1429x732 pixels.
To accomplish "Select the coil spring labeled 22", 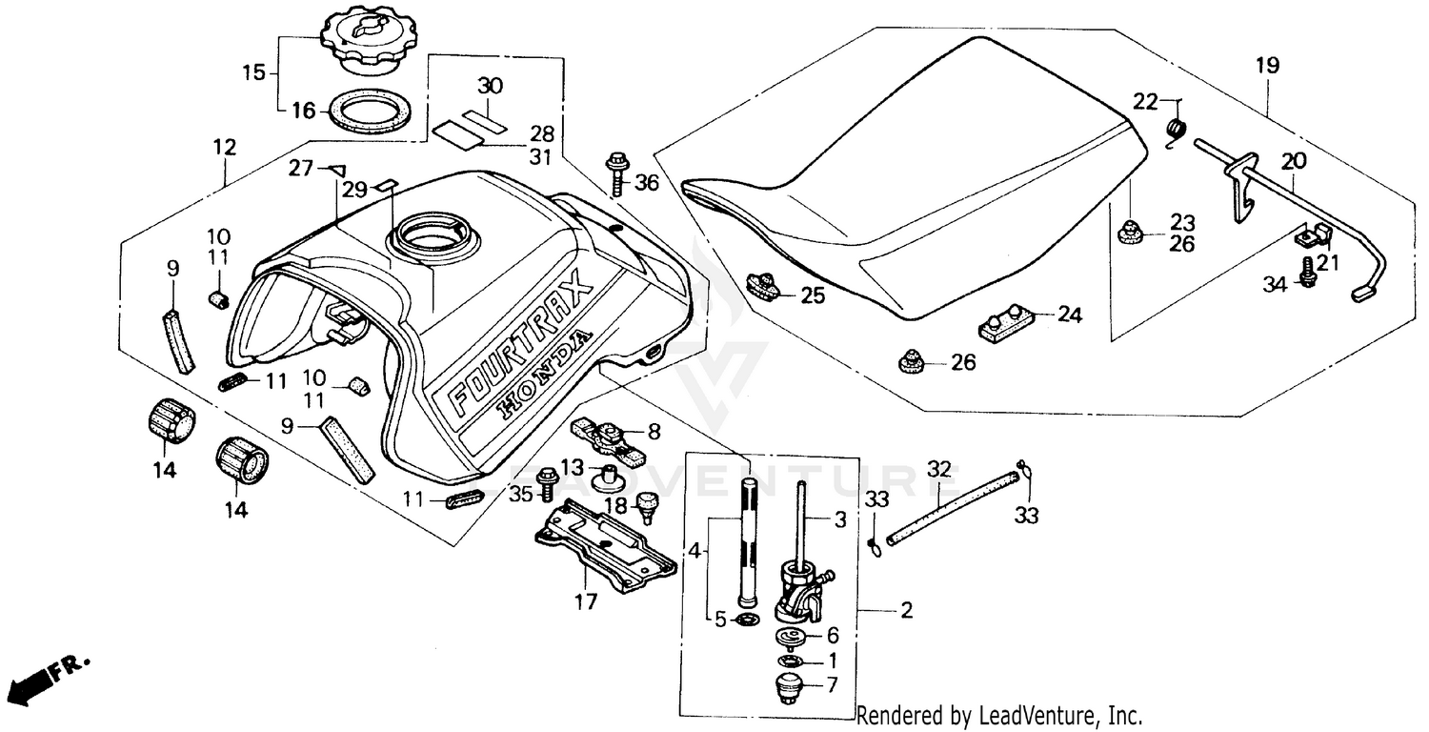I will pos(1177,130).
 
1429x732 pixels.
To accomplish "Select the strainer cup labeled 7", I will pos(787,687).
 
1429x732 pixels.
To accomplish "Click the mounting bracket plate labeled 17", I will pos(606,544).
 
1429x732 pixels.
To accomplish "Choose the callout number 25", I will pos(812,295).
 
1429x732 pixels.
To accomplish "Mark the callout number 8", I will pos(653,432).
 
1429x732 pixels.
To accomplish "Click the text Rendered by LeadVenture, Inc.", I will pos(998,715).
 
